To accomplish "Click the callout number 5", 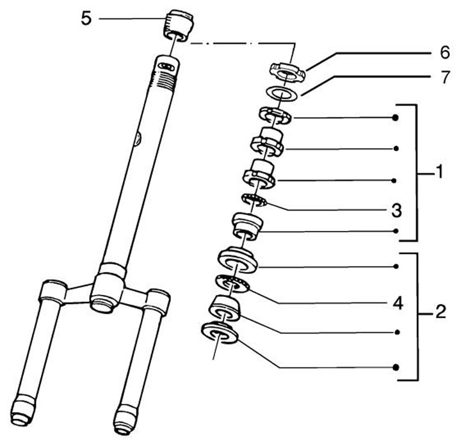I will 86,18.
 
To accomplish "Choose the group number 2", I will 440,314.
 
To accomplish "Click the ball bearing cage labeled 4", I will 230,283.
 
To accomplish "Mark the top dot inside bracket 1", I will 397,118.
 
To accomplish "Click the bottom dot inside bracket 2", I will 397,367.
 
